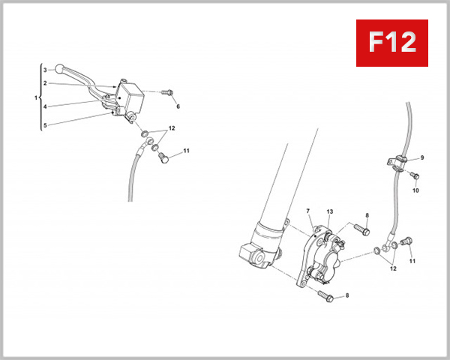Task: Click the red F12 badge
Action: pos(391,42)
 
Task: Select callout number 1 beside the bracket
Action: pos(35,98)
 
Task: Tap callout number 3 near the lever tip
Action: pos(45,69)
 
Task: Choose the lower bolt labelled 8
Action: pos(327,296)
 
